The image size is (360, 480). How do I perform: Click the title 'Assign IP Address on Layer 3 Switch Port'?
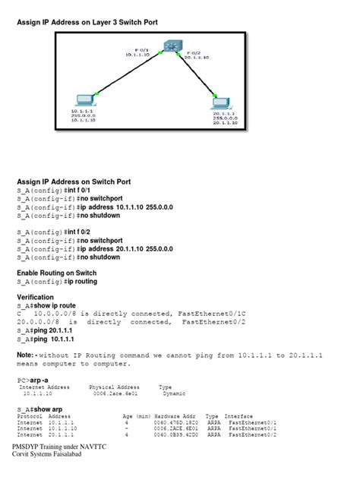(87, 23)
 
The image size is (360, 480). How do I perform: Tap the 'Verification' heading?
(36, 297)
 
